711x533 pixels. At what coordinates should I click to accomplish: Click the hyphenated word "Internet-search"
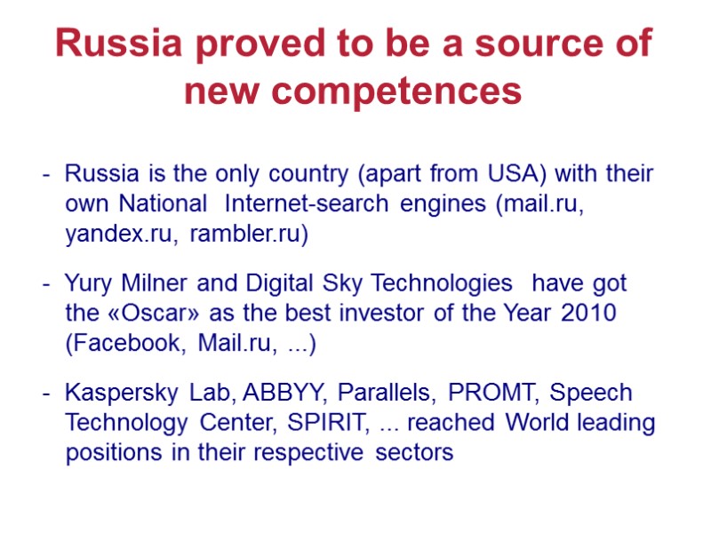pyautogui.click(x=307, y=203)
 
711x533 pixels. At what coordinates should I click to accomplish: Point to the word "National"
pyautogui.click(x=164, y=203)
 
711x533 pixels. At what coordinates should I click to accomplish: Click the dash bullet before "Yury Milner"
pyautogui.click(x=45, y=284)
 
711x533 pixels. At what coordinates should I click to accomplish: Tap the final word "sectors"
pyautogui.click(x=414, y=453)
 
